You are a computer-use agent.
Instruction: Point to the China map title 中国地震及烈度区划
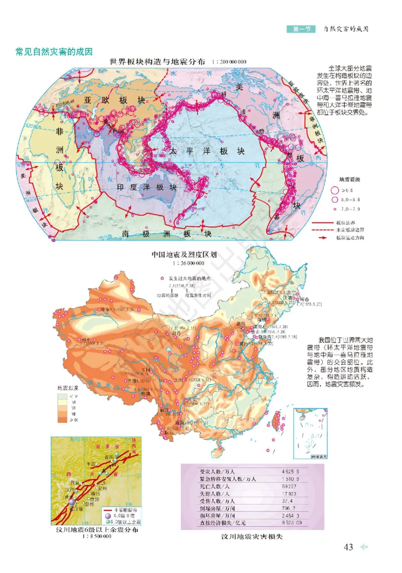[184, 254]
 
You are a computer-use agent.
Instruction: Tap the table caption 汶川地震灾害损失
[252, 537]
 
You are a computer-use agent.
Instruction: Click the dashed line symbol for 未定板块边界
[323, 230]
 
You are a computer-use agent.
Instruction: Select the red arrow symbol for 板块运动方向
[323, 237]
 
